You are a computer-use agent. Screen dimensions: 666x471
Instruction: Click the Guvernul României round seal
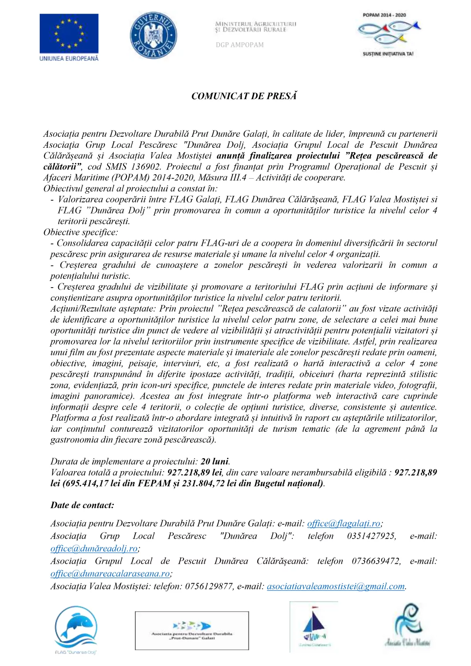153,35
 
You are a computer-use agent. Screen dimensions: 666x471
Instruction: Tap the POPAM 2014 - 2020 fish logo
388,34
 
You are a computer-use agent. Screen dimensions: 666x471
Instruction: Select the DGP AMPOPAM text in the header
239,45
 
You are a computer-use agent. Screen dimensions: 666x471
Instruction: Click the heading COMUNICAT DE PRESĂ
244,96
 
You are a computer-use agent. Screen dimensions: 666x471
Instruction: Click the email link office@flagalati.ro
344,524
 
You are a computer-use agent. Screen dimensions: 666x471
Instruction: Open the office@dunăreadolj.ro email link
94,549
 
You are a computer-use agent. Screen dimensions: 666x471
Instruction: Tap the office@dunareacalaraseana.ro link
110,574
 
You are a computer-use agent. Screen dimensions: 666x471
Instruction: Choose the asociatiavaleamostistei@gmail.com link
336,587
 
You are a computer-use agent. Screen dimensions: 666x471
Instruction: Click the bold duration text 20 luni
215,462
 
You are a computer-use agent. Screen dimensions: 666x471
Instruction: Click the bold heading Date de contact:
82,505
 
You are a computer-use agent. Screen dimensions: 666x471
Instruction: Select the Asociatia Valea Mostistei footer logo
408,626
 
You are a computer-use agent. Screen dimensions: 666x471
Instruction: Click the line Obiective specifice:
81,232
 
